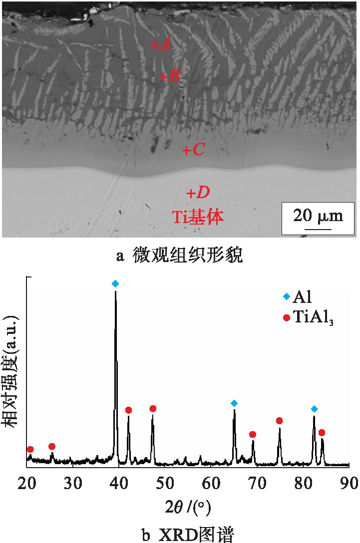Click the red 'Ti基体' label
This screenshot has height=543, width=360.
point(198,217)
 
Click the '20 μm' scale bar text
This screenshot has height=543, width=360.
point(318,216)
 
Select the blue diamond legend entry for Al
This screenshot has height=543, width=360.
point(286,297)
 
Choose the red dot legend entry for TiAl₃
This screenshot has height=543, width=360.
point(286,317)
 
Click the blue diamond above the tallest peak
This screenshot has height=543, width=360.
point(115,283)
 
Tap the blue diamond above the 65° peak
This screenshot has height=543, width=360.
point(234,403)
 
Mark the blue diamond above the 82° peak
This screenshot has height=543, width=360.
point(314,409)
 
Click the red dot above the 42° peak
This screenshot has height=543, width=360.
point(128,410)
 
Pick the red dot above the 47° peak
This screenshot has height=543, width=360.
point(153,409)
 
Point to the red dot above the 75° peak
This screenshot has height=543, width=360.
point(279,421)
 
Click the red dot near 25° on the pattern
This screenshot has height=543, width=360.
point(52,446)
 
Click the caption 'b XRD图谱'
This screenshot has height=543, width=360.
point(180,534)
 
